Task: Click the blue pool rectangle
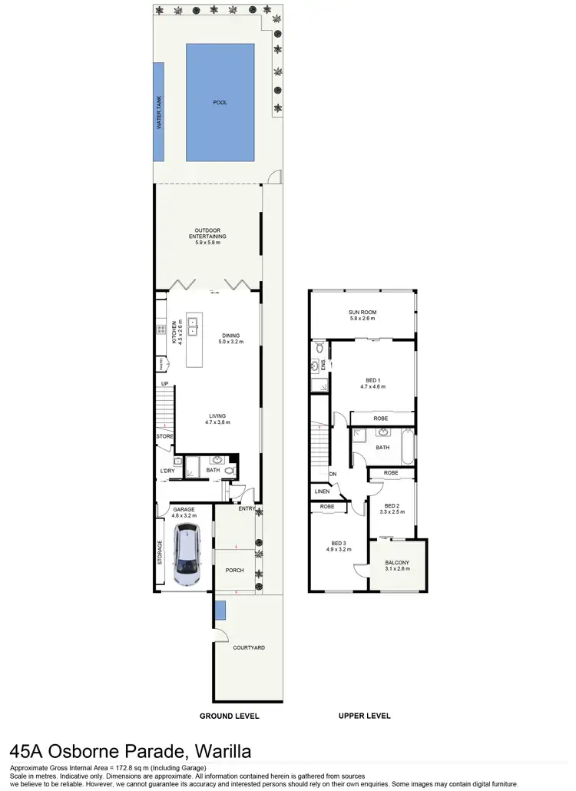[220, 102]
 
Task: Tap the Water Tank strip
[159, 112]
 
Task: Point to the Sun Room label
[363, 315]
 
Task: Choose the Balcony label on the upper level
[397, 565]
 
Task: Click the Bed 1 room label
[372, 383]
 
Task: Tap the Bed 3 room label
[338, 546]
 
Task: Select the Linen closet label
[322, 491]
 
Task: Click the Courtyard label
[249, 647]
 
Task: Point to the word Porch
[234, 571]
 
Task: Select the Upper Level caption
[365, 716]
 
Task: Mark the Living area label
[217, 419]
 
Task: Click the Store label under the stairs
[165, 436]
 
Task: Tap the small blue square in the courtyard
[220, 611]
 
